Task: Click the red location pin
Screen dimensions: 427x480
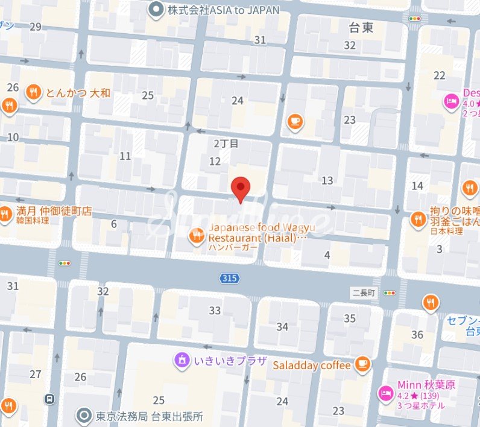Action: (241, 189)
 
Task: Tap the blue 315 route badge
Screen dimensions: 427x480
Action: (229, 278)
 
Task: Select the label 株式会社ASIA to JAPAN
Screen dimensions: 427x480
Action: (223, 10)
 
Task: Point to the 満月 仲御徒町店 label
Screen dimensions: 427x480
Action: (54, 211)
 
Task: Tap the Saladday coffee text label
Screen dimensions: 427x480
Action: (312, 365)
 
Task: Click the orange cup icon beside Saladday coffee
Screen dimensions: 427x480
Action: (362, 363)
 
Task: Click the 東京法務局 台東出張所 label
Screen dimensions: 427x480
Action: (149, 416)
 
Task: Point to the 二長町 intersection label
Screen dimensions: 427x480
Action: (364, 293)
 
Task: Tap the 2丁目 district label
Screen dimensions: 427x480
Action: (227, 144)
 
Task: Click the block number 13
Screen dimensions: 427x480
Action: (327, 180)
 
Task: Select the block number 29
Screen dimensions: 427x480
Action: (36, 26)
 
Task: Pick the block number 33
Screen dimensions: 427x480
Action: (215, 311)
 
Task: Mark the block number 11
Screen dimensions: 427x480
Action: (125, 156)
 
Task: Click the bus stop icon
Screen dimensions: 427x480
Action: (49, 399)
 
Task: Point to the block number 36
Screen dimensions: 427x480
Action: (417, 335)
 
